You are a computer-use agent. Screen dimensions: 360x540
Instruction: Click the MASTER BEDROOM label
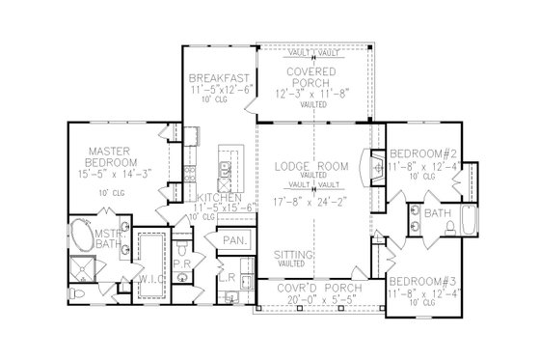point(83,157)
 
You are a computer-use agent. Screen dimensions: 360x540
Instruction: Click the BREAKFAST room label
point(221,77)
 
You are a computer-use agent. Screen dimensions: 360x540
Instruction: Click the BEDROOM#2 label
point(422,152)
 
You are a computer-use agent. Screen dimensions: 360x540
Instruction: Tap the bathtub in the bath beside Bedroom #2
point(470,221)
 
